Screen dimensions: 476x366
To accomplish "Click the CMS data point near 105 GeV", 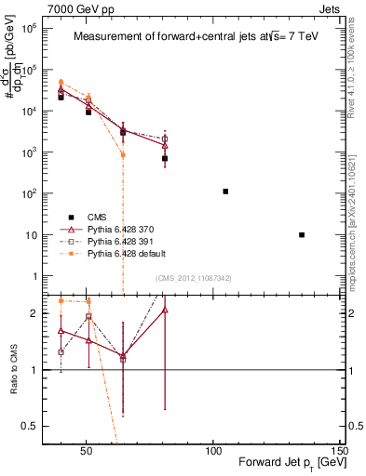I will click(225, 192).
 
